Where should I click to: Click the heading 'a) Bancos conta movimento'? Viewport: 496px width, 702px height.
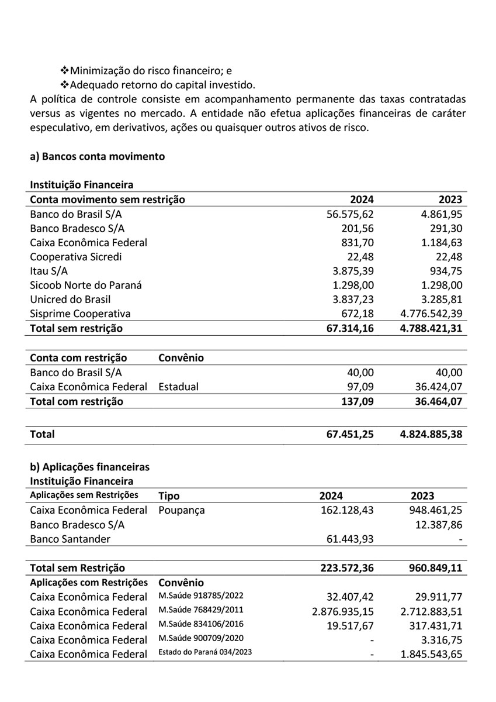[x=97, y=157]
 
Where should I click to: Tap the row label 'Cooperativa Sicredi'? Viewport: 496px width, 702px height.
[x=76, y=256]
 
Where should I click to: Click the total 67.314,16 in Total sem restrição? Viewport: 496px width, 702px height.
[x=350, y=328]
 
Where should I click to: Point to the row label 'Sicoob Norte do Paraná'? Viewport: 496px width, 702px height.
[x=86, y=285]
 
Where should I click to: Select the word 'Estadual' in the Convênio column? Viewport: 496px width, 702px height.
[x=178, y=387]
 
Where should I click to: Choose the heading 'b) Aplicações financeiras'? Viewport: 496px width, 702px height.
[x=89, y=467]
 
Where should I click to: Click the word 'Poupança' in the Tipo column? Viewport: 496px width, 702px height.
[x=181, y=510]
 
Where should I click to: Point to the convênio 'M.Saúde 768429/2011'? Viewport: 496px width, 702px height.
[x=200, y=611]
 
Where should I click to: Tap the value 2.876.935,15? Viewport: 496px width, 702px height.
[x=343, y=611]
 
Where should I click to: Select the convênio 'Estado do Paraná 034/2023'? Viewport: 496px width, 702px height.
[x=205, y=653]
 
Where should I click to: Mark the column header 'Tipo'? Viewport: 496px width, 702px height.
[x=169, y=496]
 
